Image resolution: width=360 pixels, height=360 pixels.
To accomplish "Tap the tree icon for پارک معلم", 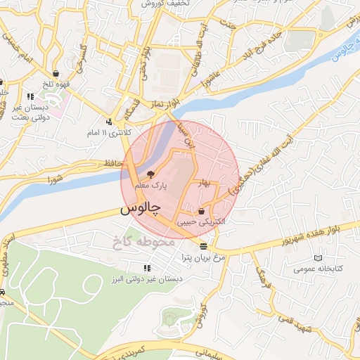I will [150, 174].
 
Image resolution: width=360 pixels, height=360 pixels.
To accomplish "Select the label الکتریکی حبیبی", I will [202, 221].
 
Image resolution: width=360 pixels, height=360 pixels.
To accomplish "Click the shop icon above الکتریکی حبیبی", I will [202, 211].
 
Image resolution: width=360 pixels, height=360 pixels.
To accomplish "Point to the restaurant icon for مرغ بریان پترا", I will [203, 246].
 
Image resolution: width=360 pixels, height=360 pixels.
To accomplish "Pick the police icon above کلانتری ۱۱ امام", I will [108, 121].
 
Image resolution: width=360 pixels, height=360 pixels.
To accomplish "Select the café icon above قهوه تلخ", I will [56, 72].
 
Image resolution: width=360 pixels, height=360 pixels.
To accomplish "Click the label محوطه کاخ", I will [141, 243].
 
